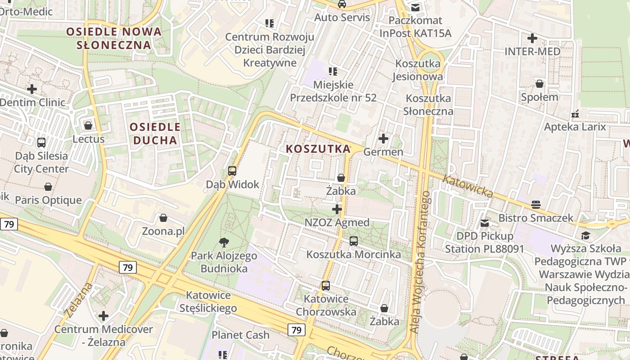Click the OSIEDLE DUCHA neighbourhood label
(155, 133)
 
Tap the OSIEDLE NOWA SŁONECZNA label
(114, 38)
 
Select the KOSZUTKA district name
(318, 148)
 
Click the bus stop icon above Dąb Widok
(232, 171)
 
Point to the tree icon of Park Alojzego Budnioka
(223, 243)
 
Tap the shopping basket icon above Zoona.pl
(163, 218)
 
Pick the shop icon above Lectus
(88, 126)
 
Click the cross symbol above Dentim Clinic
(32, 89)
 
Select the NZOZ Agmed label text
(337, 222)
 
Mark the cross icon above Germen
(383, 139)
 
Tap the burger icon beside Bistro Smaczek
(535, 205)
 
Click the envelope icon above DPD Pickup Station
(484, 223)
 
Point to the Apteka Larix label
(575, 126)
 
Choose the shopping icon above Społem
(539, 84)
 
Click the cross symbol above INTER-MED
(532, 38)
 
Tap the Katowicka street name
(468, 186)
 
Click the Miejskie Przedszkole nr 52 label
(333, 91)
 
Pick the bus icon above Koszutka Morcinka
(354, 241)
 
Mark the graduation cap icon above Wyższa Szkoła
(585, 235)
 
